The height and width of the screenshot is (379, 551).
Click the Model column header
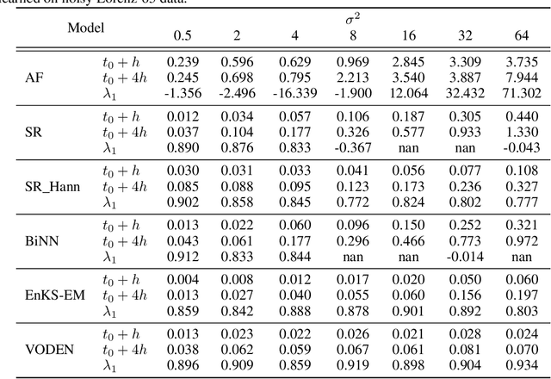click(87, 28)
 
